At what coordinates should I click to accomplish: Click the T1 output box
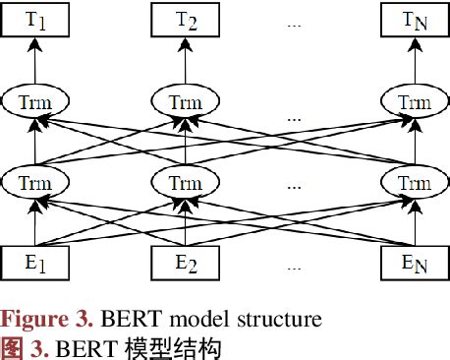pos(35,21)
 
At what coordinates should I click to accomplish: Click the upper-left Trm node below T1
pos(35,102)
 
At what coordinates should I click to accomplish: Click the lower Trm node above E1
pos(35,182)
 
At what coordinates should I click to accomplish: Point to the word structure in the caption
pos(284,319)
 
